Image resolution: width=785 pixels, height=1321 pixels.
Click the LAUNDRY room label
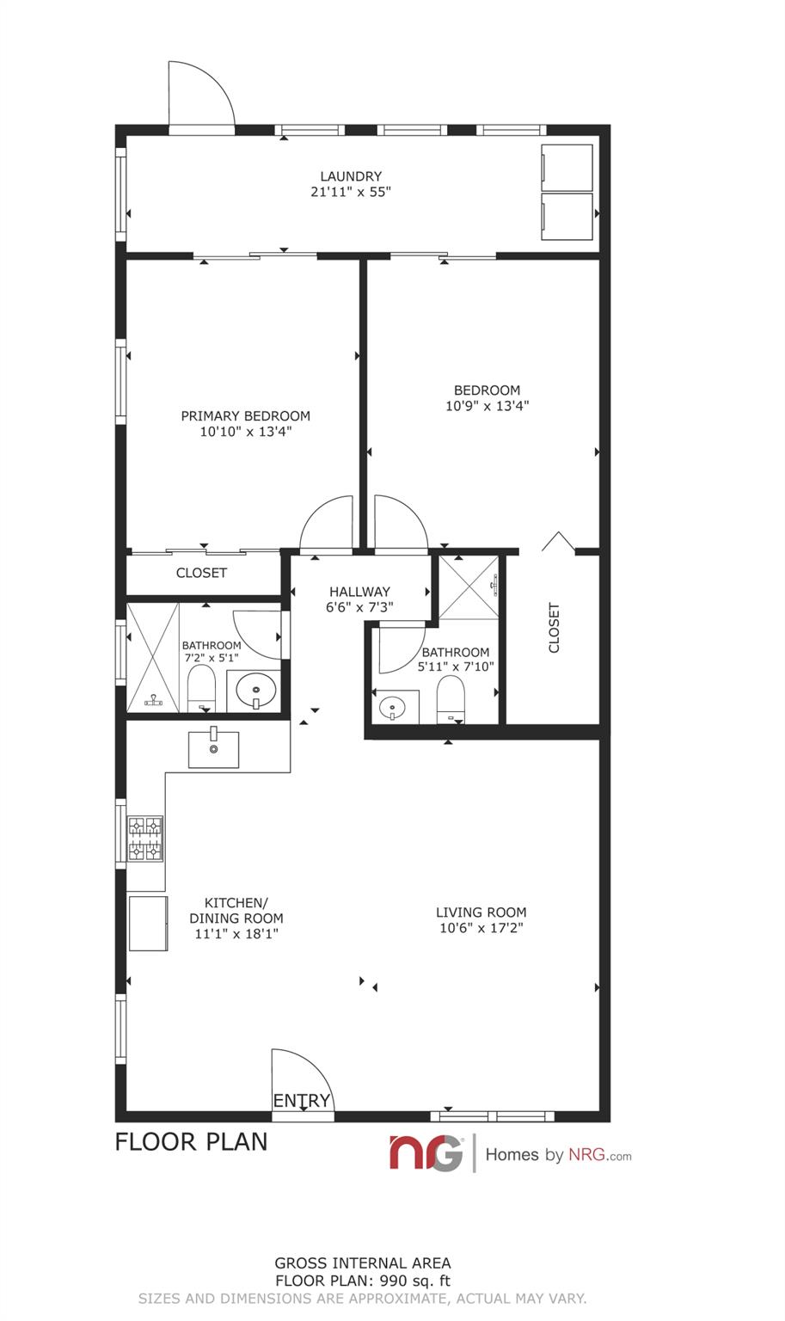[x=350, y=176]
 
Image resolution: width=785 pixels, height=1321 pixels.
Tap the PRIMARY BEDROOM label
[x=245, y=416]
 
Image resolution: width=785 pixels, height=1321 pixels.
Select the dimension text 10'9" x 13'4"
[x=487, y=406]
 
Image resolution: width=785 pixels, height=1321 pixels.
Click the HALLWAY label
[x=359, y=592]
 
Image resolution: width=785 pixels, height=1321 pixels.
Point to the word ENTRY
[x=302, y=1101]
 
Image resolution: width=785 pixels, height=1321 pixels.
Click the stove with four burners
[x=145, y=839]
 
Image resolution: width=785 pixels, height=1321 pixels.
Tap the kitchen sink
[x=213, y=747]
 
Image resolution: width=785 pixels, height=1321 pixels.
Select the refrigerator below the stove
[x=147, y=924]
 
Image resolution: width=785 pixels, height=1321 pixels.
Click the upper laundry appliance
[x=567, y=167]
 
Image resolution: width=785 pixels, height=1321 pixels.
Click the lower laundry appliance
[x=567, y=217]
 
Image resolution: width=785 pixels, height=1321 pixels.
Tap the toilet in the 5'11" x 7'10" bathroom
[x=450, y=698]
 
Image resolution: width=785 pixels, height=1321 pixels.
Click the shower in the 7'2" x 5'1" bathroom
[x=153, y=657]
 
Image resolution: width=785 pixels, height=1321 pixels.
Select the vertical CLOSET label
[x=554, y=628]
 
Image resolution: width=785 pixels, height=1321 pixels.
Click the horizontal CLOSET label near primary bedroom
[x=201, y=573]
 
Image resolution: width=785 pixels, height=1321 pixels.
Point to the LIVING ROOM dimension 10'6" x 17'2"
[x=481, y=928]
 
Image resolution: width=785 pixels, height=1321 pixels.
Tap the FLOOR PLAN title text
[x=191, y=1141]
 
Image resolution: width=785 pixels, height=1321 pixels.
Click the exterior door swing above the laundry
[x=200, y=96]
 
